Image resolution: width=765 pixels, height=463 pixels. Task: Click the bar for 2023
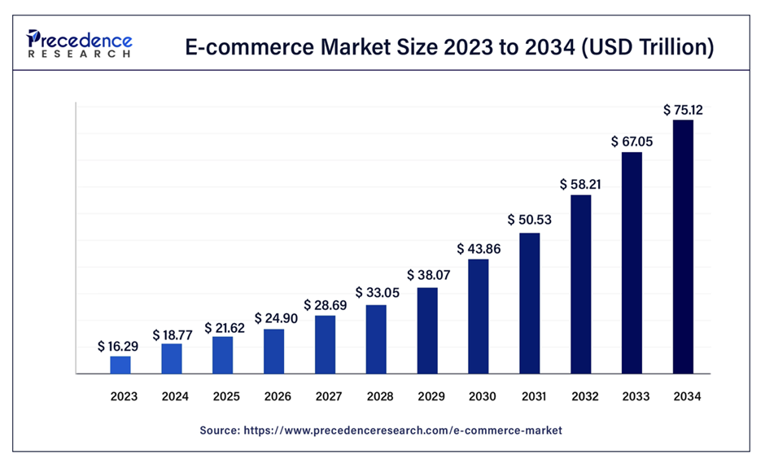click(x=120, y=365)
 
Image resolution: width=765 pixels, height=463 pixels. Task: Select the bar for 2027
click(x=325, y=344)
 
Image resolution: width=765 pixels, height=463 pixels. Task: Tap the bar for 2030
click(x=478, y=317)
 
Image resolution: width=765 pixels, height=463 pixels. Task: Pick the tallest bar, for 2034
click(x=683, y=247)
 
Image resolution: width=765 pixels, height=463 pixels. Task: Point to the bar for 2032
click(x=580, y=284)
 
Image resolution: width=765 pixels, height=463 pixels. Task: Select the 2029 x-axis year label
click(x=427, y=397)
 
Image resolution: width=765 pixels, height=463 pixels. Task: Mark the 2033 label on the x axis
click(x=632, y=397)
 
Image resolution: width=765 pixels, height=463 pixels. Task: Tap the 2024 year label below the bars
click(x=172, y=397)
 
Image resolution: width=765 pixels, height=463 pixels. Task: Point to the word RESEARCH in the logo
click(x=79, y=54)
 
